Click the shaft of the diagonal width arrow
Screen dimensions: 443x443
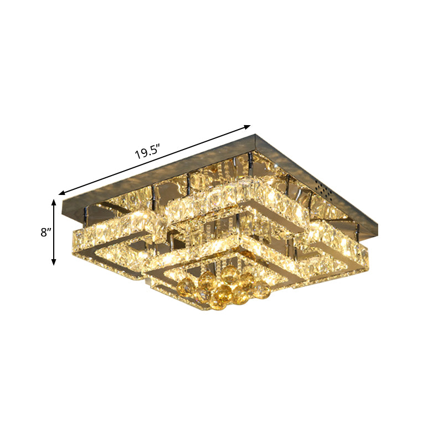[155, 160]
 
